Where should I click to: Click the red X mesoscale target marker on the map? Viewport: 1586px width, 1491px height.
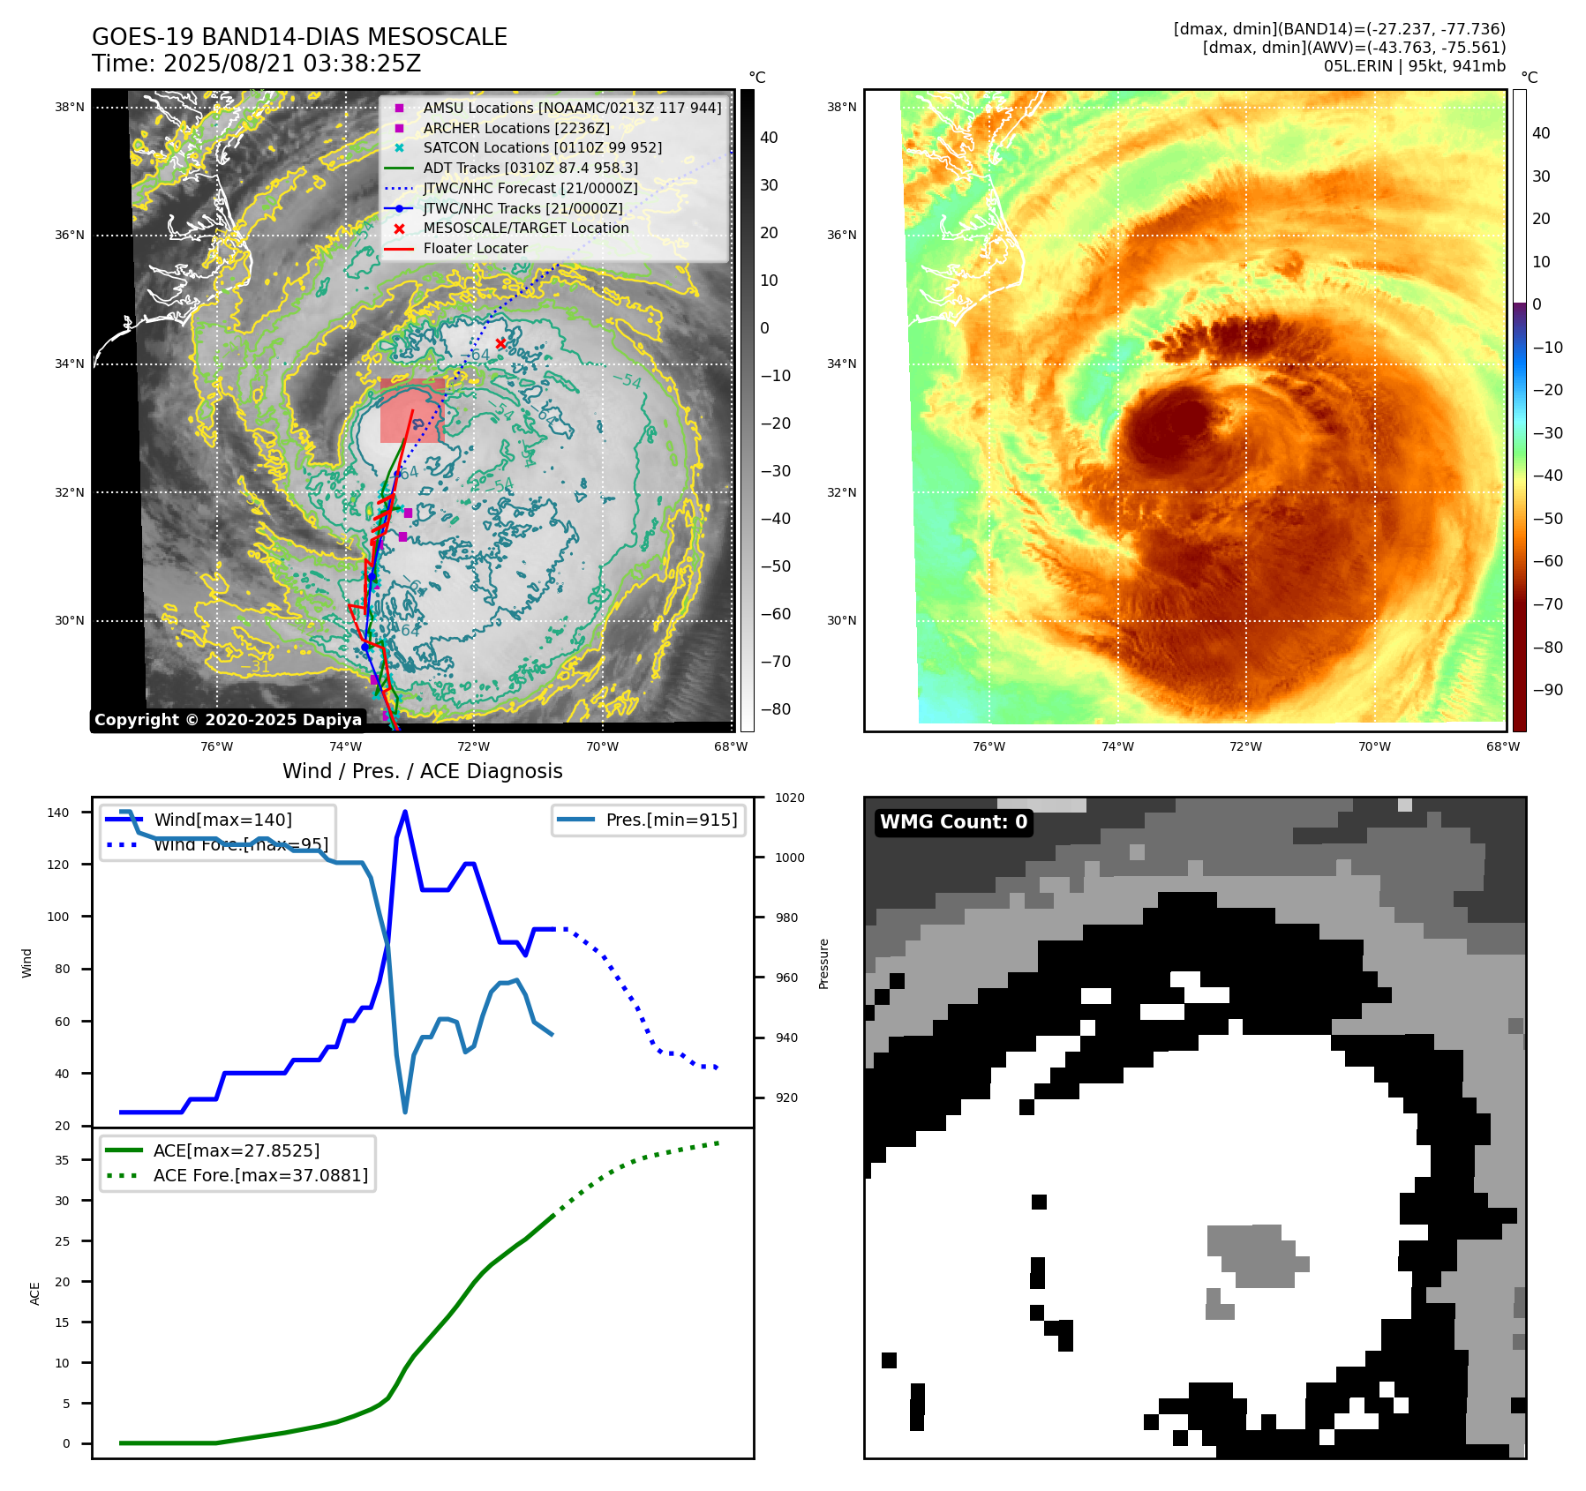coord(500,343)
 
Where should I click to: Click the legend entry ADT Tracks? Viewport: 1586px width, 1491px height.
coord(530,168)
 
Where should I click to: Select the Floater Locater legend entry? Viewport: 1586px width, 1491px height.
coord(475,249)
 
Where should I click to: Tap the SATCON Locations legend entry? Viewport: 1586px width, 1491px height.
coord(542,147)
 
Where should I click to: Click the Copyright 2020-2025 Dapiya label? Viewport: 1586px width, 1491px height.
coord(228,720)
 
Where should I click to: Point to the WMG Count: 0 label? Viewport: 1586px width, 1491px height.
coord(953,822)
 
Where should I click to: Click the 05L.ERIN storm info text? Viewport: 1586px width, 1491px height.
coord(1414,66)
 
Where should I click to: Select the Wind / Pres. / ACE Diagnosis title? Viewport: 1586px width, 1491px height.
coord(422,771)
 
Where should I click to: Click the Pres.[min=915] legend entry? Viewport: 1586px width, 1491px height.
coord(671,820)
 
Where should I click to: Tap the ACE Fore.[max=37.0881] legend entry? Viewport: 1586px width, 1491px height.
coord(259,1175)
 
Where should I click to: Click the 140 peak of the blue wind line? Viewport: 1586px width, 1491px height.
coord(405,812)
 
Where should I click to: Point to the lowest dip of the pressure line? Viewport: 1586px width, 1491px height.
coord(405,1112)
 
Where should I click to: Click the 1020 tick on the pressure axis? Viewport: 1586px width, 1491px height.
coord(789,798)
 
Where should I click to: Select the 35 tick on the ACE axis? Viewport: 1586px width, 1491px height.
coord(62,1160)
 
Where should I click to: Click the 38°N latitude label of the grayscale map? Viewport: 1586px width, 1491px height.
coord(70,108)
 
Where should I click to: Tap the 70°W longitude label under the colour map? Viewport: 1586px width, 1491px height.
coord(1374,746)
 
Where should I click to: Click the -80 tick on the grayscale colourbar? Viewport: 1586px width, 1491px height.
coord(776,709)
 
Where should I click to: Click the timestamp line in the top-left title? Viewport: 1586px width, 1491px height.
coord(256,64)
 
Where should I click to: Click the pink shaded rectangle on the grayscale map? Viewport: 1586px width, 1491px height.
coord(410,411)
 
